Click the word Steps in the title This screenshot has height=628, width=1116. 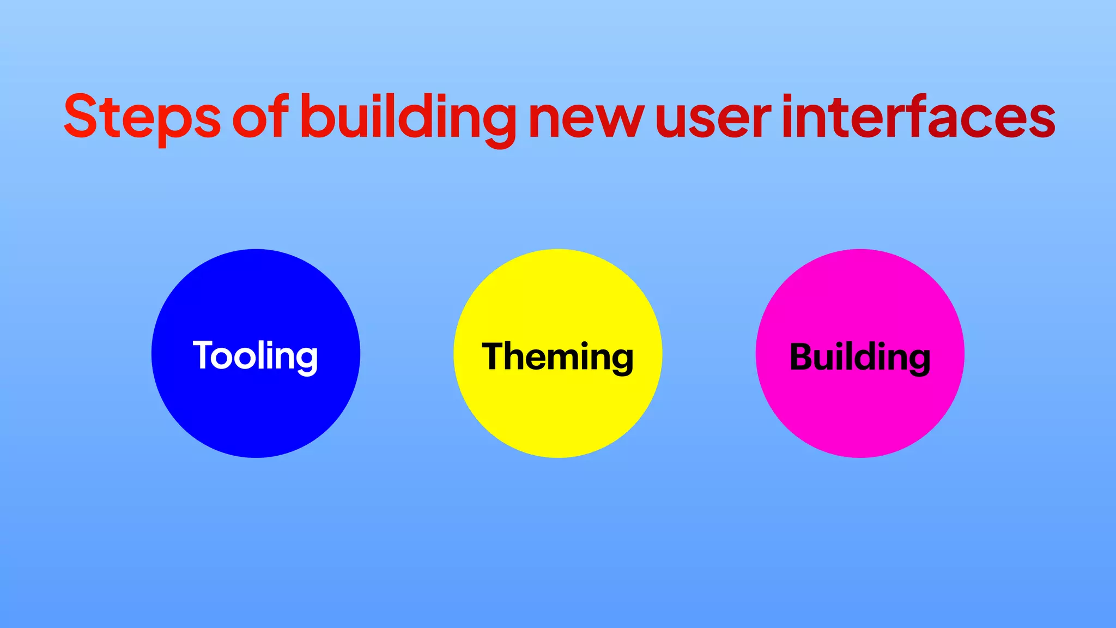tap(142, 117)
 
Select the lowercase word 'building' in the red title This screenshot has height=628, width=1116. tap(408, 118)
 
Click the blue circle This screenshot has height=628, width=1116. tap(256, 414)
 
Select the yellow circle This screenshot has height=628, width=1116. tap(557, 414)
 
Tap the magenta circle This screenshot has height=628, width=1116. tap(860, 414)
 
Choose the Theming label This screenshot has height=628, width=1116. tap(557, 357)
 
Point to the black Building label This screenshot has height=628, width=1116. tap(860, 357)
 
